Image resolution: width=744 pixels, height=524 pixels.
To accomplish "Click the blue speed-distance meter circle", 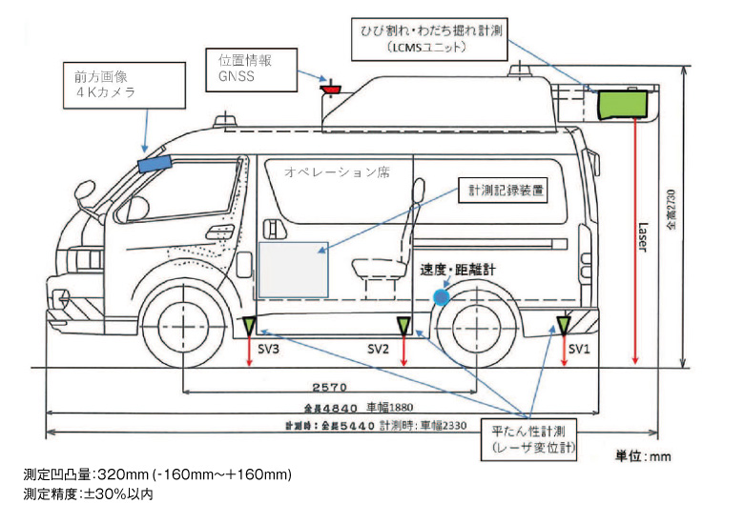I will coord(441,296).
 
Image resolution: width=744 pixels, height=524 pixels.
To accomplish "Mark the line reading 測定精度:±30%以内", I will coord(88,494).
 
